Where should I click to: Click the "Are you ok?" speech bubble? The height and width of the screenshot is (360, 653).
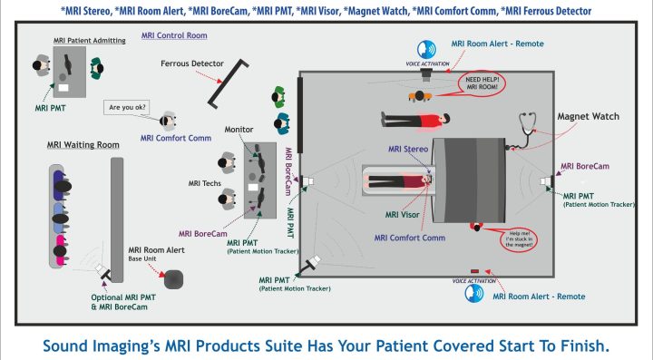(128, 108)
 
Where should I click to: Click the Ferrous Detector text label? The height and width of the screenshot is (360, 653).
(193, 64)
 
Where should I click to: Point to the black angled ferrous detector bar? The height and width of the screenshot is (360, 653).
(227, 82)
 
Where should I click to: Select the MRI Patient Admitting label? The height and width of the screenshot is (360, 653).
(73, 42)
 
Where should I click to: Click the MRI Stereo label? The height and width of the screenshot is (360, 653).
(406, 149)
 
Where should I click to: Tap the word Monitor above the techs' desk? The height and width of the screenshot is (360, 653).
(239, 130)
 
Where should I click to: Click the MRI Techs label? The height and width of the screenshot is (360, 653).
(206, 183)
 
